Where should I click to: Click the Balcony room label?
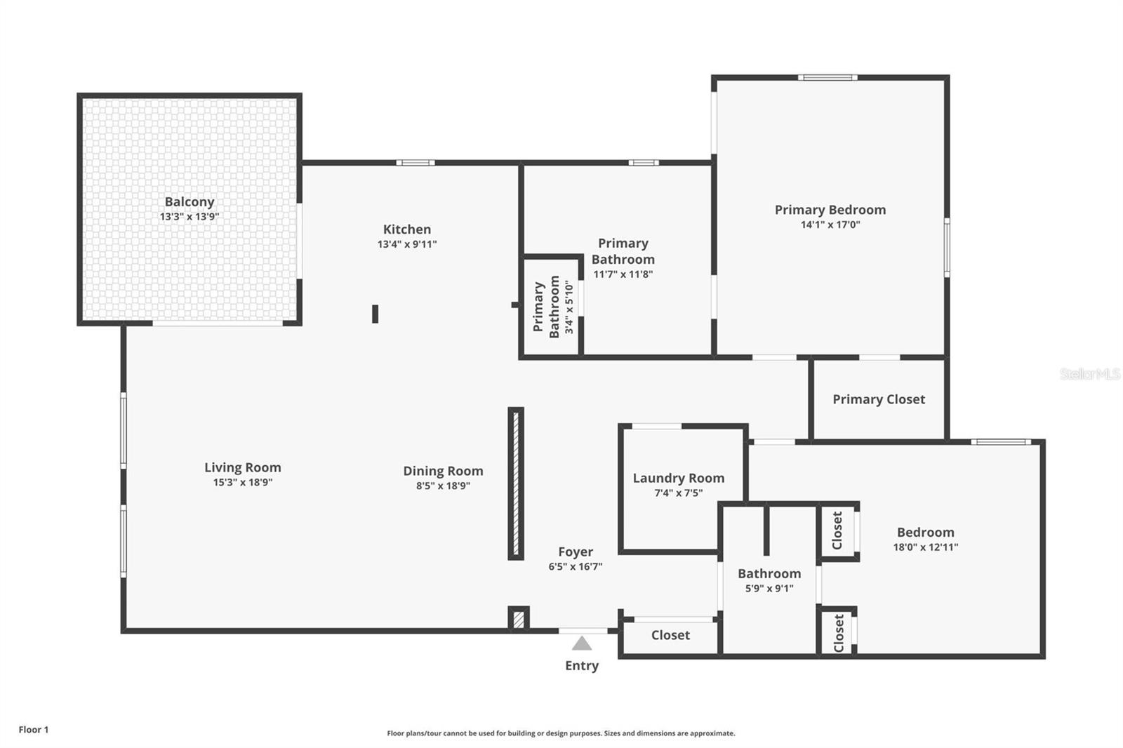click(189, 202)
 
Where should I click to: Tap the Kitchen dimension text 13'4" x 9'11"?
click(407, 244)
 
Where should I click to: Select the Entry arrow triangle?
click(582, 643)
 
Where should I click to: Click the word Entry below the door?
click(582, 665)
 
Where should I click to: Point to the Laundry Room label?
click(678, 478)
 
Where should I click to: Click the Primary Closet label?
click(879, 399)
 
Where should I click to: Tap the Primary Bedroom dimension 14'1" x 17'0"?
click(830, 225)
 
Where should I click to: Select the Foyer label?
click(576, 552)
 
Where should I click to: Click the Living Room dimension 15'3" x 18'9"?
click(243, 482)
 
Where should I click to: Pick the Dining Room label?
click(443, 471)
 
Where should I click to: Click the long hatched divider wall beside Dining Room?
click(516, 483)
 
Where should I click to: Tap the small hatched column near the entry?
click(518, 619)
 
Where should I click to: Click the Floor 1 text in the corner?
click(34, 730)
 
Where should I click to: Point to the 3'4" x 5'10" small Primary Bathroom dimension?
click(569, 307)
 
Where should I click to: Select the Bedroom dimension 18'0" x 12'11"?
click(925, 547)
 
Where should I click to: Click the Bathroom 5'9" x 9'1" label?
click(769, 573)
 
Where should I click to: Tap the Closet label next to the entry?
click(670, 635)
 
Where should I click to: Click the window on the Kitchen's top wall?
click(415, 163)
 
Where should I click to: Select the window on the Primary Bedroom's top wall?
click(828, 77)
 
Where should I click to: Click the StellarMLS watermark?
click(1089, 374)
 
